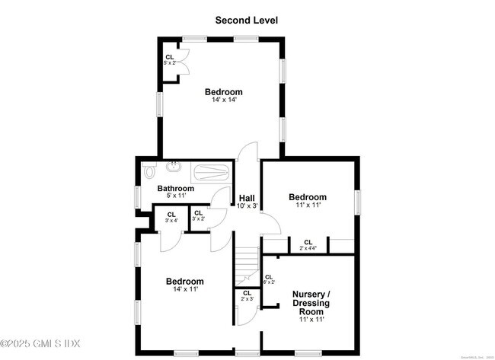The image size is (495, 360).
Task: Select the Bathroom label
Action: click(x=175, y=188)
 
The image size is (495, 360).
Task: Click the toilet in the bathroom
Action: click(x=148, y=171)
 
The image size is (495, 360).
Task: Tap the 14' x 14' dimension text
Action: click(x=223, y=101)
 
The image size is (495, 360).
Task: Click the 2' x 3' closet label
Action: click(x=247, y=297)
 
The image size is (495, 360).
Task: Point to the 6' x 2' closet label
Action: click(x=269, y=279)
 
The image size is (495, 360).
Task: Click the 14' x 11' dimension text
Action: click(x=185, y=291)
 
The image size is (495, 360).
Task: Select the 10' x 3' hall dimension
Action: click(x=247, y=205)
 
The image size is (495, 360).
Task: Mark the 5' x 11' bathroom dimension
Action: click(x=175, y=196)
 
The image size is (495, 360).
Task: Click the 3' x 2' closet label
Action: click(x=198, y=216)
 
